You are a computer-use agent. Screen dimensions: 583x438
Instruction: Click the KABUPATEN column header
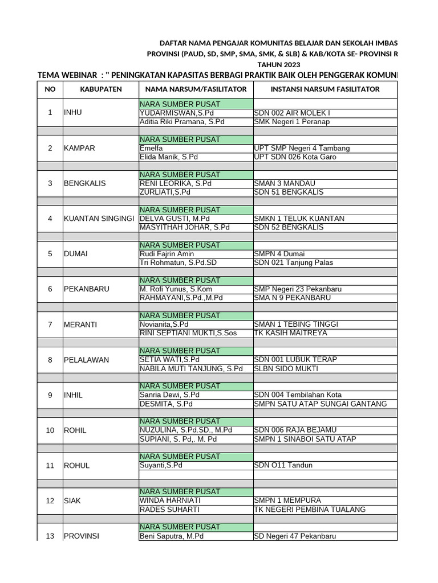(x=100, y=89)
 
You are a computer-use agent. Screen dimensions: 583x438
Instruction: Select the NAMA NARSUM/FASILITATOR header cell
(x=196, y=89)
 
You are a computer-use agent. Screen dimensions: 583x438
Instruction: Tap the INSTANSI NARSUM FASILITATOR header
(x=325, y=89)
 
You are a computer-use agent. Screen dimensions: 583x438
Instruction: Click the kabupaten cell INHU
(x=73, y=113)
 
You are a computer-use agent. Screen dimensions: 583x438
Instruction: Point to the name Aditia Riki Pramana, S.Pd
(x=182, y=122)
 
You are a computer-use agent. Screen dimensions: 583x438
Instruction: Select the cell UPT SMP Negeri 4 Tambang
(x=302, y=149)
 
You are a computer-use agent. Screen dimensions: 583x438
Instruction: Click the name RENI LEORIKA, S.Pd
(x=176, y=183)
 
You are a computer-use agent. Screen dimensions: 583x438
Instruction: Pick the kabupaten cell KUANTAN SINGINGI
(x=99, y=219)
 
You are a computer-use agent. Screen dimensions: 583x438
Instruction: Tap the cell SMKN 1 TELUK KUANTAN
(x=299, y=219)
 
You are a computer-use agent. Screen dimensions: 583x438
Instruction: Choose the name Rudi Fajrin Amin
(x=167, y=254)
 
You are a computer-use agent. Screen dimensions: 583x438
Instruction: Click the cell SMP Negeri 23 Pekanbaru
(x=300, y=289)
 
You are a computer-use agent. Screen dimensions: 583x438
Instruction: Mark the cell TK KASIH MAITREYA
(x=290, y=333)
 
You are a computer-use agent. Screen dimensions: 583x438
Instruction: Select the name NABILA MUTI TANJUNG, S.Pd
(x=191, y=368)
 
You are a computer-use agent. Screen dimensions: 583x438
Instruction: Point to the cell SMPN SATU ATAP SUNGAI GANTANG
(x=320, y=404)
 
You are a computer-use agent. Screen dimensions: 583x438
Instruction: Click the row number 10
(x=50, y=430)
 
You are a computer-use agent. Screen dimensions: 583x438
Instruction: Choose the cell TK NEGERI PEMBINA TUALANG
(x=310, y=510)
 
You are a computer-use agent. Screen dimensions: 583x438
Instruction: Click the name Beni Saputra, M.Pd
(x=172, y=536)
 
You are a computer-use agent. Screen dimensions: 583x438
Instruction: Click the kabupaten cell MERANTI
(x=80, y=325)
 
